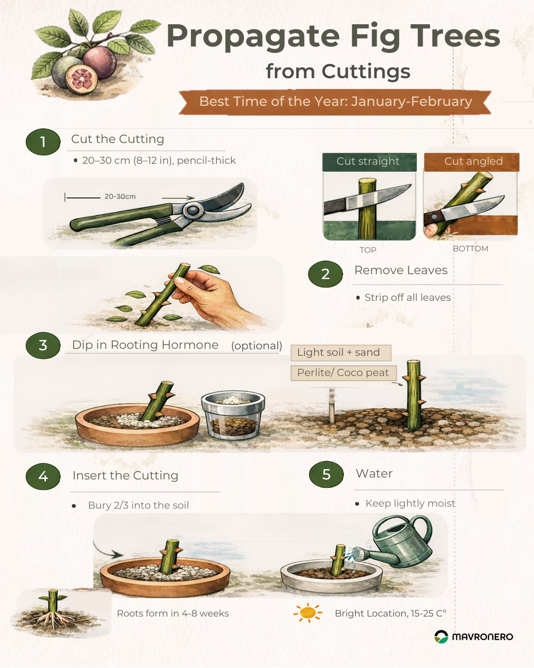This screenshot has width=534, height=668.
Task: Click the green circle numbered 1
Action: coord(43,142)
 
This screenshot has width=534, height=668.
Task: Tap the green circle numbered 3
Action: coord(43,345)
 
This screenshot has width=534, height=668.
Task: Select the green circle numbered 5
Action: coord(326,475)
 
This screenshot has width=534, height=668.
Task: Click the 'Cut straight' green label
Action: coord(369,162)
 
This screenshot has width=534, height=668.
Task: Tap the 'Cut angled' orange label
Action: coord(472,162)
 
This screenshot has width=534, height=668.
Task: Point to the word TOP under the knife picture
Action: coord(368,250)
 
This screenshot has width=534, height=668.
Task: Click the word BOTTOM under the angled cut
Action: coord(470,248)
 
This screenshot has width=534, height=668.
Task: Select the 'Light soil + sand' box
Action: coord(341,353)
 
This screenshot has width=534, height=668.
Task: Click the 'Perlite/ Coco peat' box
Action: coord(344,373)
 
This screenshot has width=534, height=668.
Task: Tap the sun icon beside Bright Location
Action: coord(308,613)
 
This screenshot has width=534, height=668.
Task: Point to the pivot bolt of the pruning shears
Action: coord(193,211)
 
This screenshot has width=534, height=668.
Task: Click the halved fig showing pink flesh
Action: coord(81,79)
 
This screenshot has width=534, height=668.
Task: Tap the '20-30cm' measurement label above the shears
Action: coord(120,196)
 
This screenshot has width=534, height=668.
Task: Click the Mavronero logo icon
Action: coord(441,637)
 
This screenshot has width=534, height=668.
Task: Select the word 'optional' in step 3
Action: coord(257,346)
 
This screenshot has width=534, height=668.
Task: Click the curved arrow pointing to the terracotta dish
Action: coord(104,550)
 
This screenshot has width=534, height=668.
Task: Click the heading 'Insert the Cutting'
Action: coord(126,475)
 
